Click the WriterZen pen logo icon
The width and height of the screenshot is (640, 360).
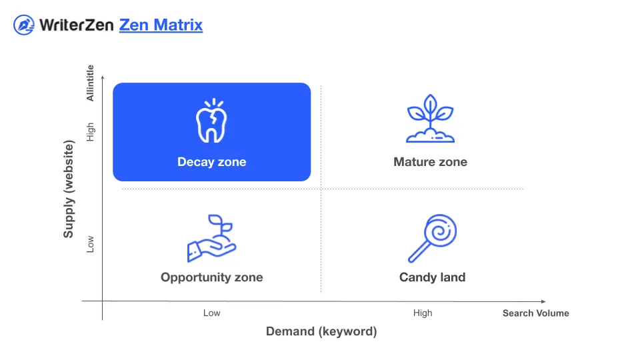24,25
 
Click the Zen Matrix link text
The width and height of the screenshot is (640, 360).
161,25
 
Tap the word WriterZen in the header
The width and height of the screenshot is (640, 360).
76,25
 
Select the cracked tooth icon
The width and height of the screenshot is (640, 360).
211,121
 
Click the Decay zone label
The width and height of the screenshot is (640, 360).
212,162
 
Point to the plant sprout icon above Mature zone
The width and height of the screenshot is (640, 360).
430,119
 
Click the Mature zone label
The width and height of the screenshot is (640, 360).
430,162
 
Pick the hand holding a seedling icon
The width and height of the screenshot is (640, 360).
212,239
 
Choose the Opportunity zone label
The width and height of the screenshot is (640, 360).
212,277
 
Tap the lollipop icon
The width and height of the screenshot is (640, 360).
432,239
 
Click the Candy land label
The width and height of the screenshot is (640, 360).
432,277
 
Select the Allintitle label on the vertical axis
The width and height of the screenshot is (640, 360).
90,83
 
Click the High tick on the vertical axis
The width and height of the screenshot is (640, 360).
90,132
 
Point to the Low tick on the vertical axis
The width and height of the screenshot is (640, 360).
90,244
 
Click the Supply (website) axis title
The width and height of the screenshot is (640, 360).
69,189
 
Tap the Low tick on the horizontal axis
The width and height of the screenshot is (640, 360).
212,313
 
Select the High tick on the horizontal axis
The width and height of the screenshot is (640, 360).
423,313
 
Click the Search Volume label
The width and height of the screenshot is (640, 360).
535,313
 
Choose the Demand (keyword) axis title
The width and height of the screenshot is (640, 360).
321,331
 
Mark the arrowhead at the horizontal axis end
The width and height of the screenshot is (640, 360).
544,301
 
